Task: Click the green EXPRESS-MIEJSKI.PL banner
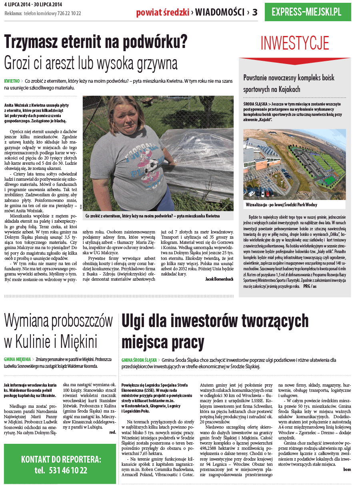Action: (x=308, y=12)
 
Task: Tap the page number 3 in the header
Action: (x=255, y=12)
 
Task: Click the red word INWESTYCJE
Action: (x=295, y=43)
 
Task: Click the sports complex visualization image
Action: (x=294, y=164)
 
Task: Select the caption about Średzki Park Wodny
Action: (x=282, y=204)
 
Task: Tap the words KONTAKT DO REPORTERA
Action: (x=61, y=459)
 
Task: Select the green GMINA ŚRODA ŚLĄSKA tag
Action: (x=139, y=360)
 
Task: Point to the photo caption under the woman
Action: (x=152, y=216)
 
